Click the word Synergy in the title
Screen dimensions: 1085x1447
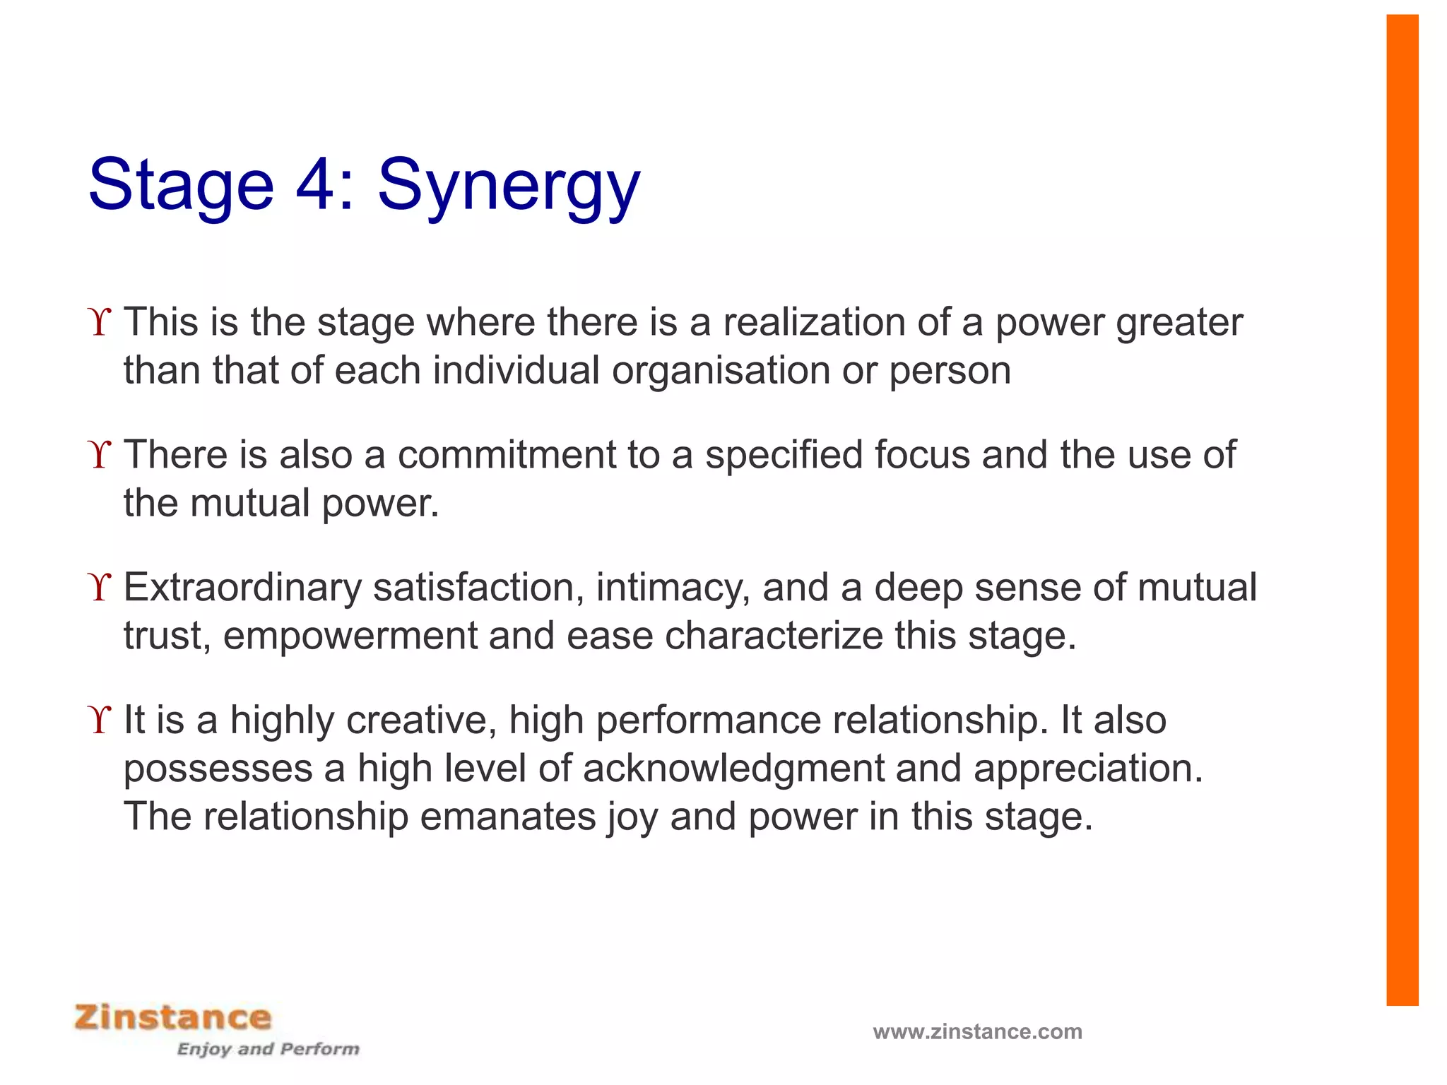pyautogui.click(x=509, y=185)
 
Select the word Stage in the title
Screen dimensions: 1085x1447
pyautogui.click(x=181, y=185)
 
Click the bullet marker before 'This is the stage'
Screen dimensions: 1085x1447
pyautogui.click(x=100, y=322)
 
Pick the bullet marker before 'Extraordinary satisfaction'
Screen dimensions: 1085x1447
pyautogui.click(x=100, y=588)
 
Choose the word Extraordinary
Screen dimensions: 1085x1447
pyautogui.click(x=242, y=588)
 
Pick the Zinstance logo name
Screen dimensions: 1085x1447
pyautogui.click(x=173, y=1017)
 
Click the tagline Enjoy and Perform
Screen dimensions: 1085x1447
pyautogui.click(x=268, y=1049)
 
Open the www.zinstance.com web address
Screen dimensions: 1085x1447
pyautogui.click(x=977, y=1031)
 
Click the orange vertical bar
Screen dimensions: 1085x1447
pyautogui.click(x=1402, y=509)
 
